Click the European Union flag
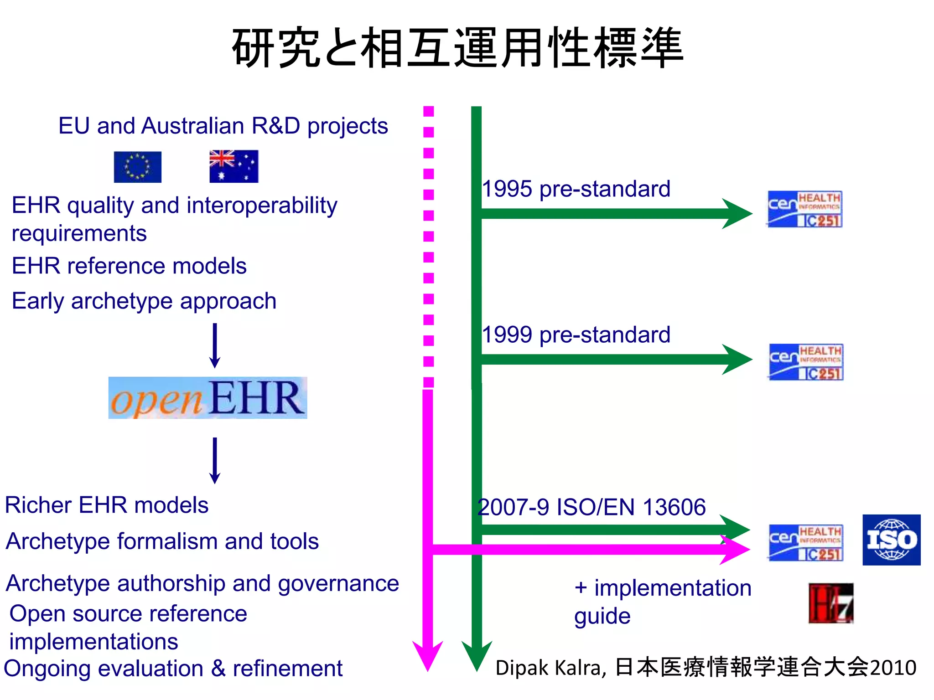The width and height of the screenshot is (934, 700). pyautogui.click(x=137, y=167)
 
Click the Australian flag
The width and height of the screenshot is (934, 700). pyautogui.click(x=233, y=166)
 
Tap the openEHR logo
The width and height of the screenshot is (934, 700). pyautogui.click(x=208, y=398)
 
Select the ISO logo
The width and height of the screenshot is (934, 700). pyautogui.click(x=891, y=540)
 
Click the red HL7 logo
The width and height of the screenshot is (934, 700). pyautogui.click(x=830, y=603)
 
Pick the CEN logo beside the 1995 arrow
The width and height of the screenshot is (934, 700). pyautogui.click(x=804, y=209)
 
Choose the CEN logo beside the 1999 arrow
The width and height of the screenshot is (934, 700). pyautogui.click(x=806, y=362)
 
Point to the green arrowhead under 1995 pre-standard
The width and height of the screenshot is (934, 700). pyautogui.click(x=737, y=213)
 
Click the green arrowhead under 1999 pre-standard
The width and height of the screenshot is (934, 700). pyautogui.click(x=737, y=360)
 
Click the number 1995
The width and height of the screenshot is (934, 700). pyautogui.click(x=507, y=189)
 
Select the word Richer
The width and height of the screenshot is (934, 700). pyautogui.click(x=38, y=505)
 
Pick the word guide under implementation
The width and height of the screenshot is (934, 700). pyautogui.click(x=602, y=617)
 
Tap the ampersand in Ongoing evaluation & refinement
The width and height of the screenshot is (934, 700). pyautogui.click(x=218, y=669)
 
